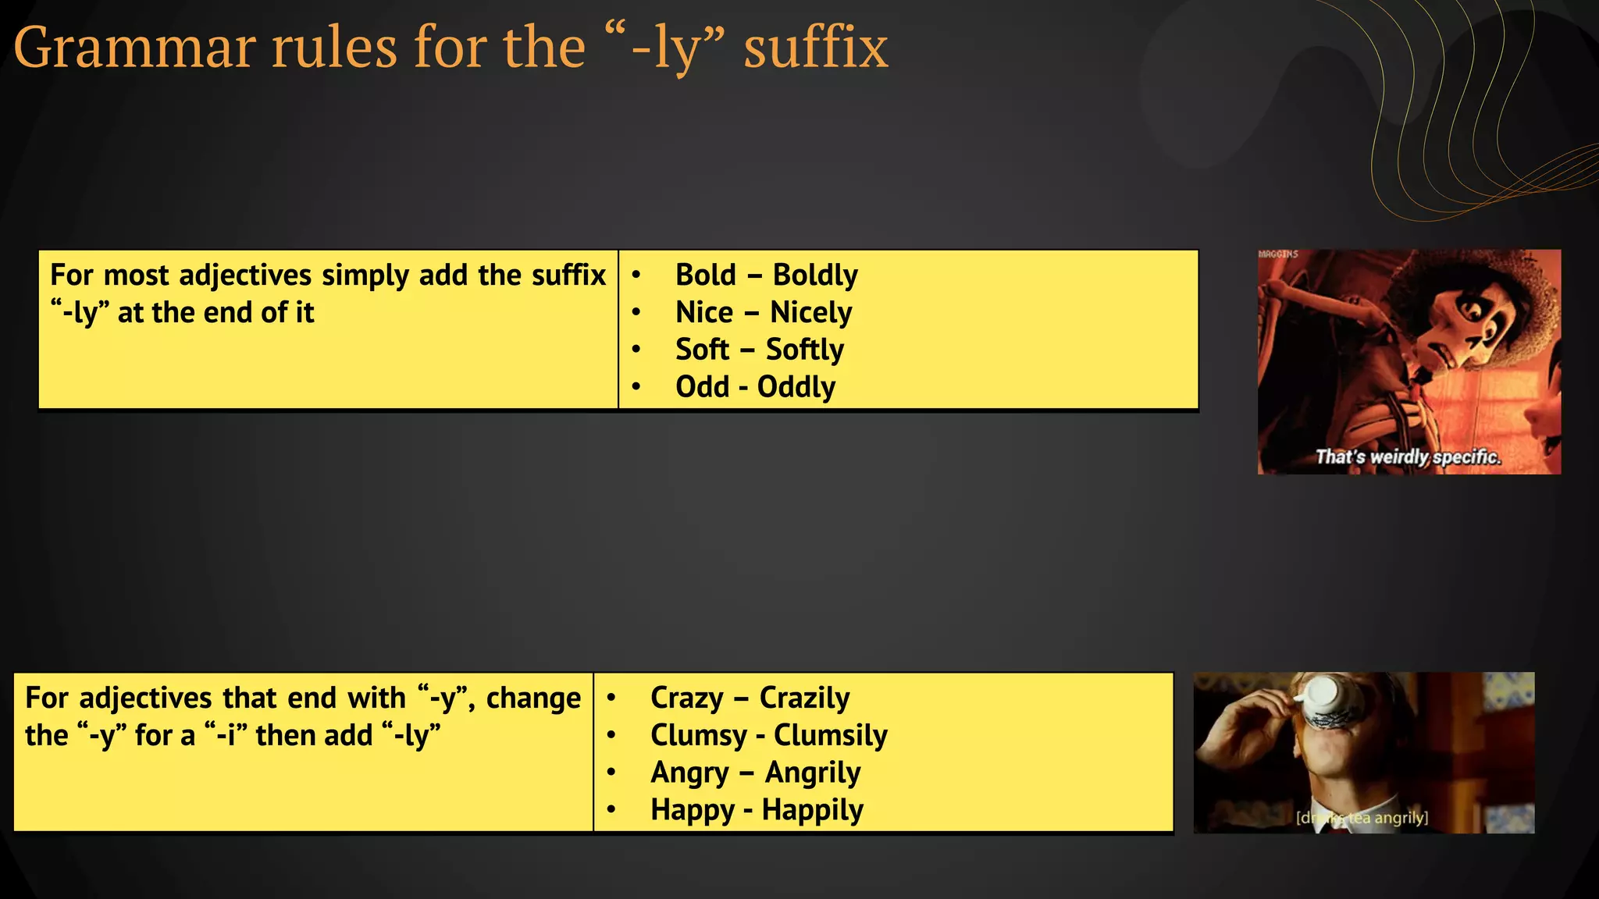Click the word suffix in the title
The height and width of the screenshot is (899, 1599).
click(816, 48)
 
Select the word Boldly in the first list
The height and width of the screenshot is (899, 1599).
click(815, 275)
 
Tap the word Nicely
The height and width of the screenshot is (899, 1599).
click(810, 313)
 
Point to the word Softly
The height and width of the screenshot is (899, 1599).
click(804, 350)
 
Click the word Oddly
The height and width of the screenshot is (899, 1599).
click(796, 387)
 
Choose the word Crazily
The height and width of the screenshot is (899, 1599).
click(804, 698)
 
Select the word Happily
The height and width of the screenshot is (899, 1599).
click(812, 810)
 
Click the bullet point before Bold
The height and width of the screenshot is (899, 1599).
click(636, 275)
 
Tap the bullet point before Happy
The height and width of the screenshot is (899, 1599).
click(611, 810)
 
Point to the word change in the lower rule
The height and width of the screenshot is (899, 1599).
click(533, 698)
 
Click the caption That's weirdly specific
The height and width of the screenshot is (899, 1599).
click(1408, 457)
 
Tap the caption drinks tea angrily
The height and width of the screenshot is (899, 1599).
click(1362, 818)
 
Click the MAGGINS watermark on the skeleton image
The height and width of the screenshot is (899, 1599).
click(1278, 254)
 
